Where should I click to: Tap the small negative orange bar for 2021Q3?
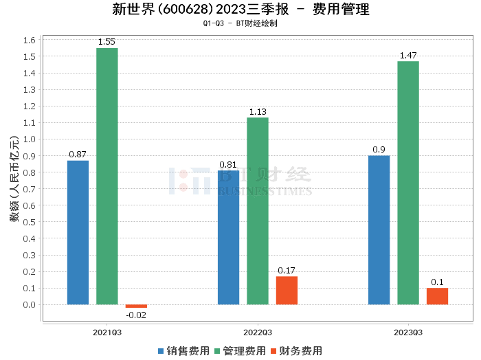click(x=136, y=306)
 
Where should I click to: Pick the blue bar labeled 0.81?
click(x=228, y=237)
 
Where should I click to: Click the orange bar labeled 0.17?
click(x=287, y=291)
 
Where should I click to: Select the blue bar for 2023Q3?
click(x=379, y=229)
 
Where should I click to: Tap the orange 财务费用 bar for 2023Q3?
click(x=437, y=296)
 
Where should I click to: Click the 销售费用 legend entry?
click(x=183, y=350)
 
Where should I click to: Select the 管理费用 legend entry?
click(x=240, y=350)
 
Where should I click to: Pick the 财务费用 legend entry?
click(x=296, y=350)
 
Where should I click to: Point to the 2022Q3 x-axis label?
click(x=258, y=332)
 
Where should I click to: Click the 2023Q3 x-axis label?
click(x=408, y=332)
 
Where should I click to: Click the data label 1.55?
click(x=107, y=42)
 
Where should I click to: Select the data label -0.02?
click(x=136, y=315)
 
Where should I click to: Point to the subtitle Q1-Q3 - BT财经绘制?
click(x=240, y=23)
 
